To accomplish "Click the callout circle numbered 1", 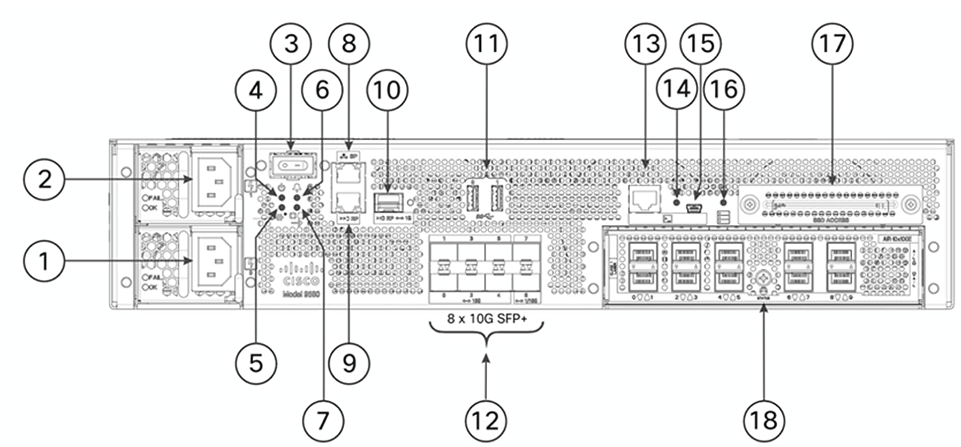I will click(44, 261).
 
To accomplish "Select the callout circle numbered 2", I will click(44, 179).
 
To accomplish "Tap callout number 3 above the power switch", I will click(291, 44).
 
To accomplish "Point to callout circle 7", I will click(323, 421).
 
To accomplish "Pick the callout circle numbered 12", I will click(486, 421).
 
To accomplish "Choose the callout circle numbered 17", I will click(832, 44).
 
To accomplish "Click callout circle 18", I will click(764, 421).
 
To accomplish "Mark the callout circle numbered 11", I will click(486, 44).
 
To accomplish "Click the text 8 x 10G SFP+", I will click(486, 319).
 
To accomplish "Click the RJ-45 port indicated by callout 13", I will click(645, 198).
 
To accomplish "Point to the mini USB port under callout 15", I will click(693, 208).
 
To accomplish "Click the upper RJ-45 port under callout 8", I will click(349, 175).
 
